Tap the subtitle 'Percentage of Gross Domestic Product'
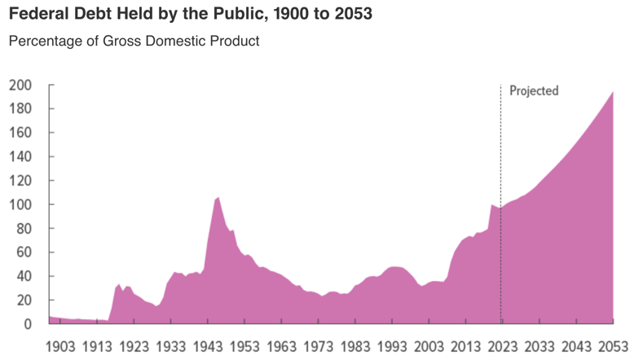pyautogui.click(x=134, y=41)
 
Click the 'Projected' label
pyautogui.click(x=534, y=90)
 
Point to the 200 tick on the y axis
pyautogui.click(x=20, y=85)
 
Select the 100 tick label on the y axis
pyautogui.click(x=20, y=204)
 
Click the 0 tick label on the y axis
pyautogui.click(x=27, y=324)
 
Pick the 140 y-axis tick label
pyautogui.click(x=20, y=156)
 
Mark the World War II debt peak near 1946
pyautogui.click(x=218, y=198)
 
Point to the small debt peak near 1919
pyautogui.click(x=119, y=284)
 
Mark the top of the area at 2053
pyautogui.click(x=613, y=92)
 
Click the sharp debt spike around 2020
pyautogui.click(x=491, y=205)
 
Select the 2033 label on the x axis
pyautogui.click(x=538, y=345)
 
